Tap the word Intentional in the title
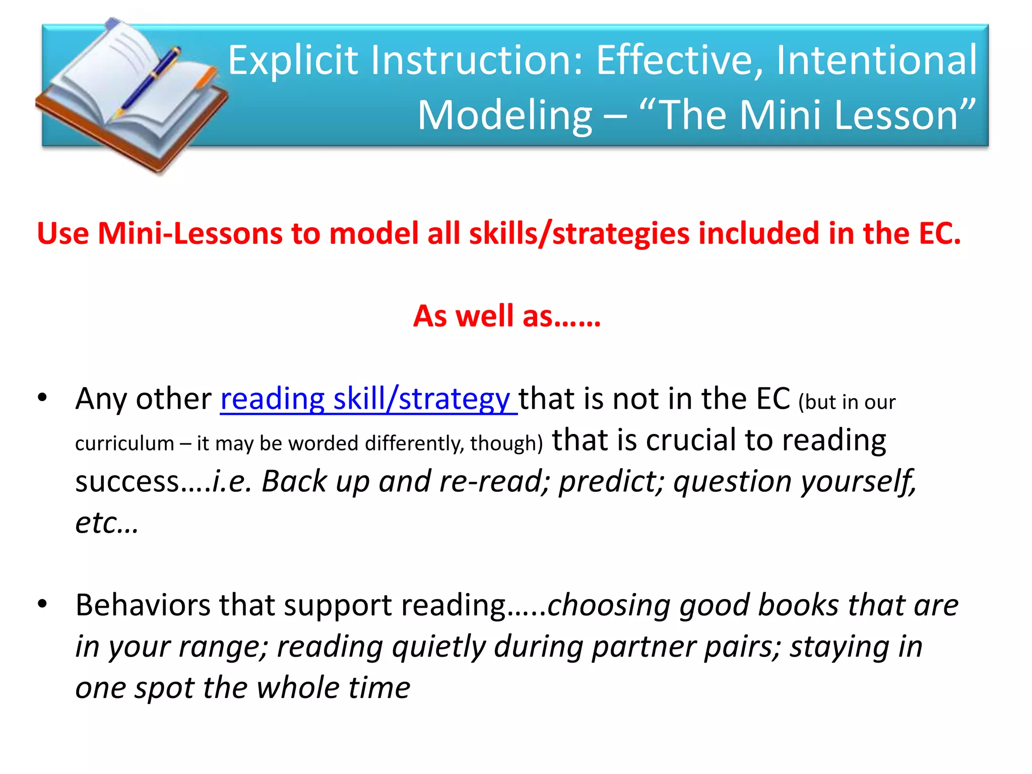click(876, 60)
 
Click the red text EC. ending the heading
click(939, 234)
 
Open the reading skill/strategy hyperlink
click(368, 399)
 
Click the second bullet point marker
click(42, 603)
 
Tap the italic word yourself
click(859, 482)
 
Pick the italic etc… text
click(106, 523)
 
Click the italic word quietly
click(438, 647)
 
